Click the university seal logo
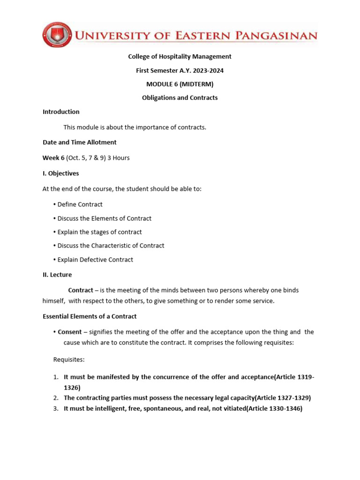[57, 35]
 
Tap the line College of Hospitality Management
[180, 57]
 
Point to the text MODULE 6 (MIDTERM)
[180, 84]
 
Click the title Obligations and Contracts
[180, 98]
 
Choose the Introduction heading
[61, 112]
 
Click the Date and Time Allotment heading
[80, 142]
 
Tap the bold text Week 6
[53, 158]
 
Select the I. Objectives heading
[61, 173]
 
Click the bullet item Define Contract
[80, 205]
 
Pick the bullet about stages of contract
[99, 232]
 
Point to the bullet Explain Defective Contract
[95, 260]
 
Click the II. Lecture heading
[57, 275]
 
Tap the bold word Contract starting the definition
[81, 291]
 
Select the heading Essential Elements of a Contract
[90, 316]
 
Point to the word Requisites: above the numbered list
[69, 360]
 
